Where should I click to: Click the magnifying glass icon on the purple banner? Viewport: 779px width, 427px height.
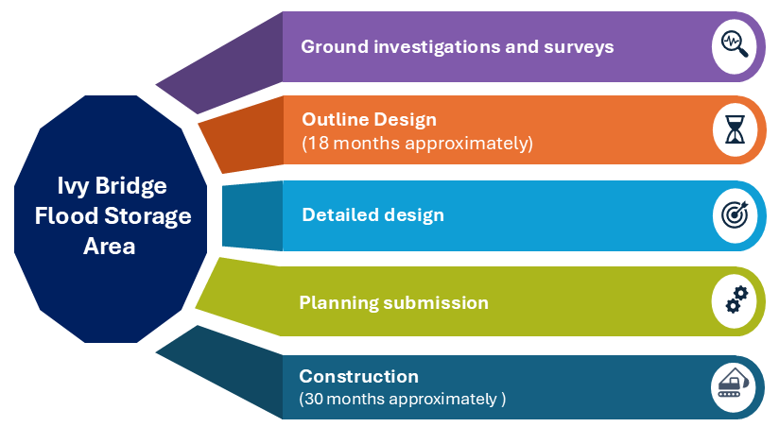[x=735, y=44]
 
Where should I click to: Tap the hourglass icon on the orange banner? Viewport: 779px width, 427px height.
[x=735, y=130]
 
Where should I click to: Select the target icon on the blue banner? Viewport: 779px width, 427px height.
[x=735, y=215]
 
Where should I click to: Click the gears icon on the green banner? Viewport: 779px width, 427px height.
[x=735, y=300]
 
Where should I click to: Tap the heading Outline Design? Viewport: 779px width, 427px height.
[x=369, y=120]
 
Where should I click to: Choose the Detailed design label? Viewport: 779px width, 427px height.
[x=372, y=214]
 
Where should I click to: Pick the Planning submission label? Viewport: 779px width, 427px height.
[x=393, y=303]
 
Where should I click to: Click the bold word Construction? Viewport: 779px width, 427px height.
[x=358, y=376]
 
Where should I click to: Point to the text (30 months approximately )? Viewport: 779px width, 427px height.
[x=403, y=399]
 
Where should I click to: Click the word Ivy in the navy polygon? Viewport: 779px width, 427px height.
[x=71, y=186]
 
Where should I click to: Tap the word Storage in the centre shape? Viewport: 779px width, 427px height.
[x=153, y=216]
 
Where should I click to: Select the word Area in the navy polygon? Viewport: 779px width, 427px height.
[x=113, y=247]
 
